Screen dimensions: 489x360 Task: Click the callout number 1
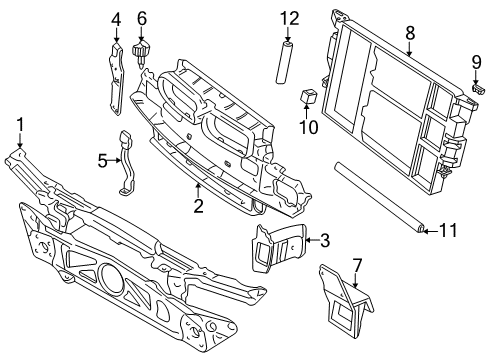tap(20, 125)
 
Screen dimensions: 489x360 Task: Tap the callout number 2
tap(198, 206)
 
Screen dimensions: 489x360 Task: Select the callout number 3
tap(325, 240)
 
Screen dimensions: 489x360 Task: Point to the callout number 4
tap(116, 19)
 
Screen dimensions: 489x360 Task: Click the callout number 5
tap(103, 161)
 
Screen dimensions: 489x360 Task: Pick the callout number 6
tap(142, 19)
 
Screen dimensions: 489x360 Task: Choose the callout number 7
tap(357, 266)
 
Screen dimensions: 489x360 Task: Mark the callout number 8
tap(410, 33)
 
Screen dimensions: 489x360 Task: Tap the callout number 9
tap(477, 62)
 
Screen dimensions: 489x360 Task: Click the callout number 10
tap(309, 127)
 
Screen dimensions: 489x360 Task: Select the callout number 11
tap(448, 231)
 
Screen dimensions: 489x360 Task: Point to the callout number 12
tap(289, 19)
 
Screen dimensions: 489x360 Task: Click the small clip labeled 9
tap(478, 89)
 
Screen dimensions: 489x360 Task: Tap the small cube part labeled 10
tap(309, 96)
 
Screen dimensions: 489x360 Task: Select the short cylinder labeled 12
tap(283, 62)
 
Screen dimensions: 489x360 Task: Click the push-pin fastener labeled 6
tap(142, 54)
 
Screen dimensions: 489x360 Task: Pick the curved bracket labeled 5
tap(127, 163)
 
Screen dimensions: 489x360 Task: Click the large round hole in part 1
tap(111, 276)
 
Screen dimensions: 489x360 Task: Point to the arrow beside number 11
tap(431, 231)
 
